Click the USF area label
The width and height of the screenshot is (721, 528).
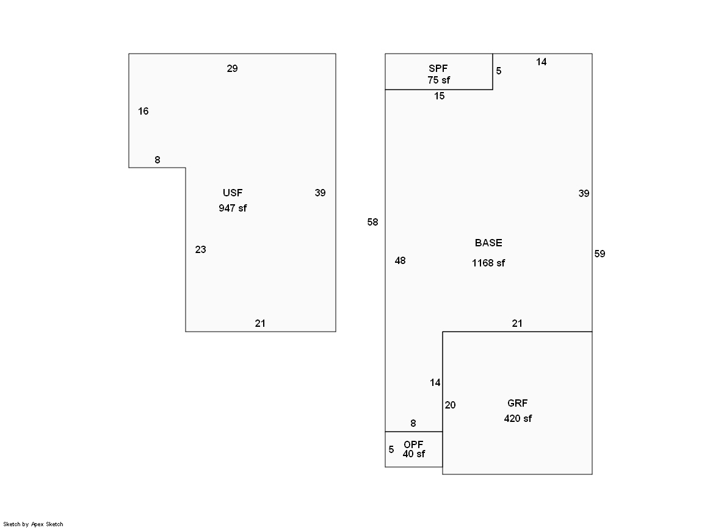point(233,193)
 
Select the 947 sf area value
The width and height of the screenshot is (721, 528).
point(233,208)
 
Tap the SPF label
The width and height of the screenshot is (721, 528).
point(438,68)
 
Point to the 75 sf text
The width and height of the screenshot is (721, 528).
point(439,80)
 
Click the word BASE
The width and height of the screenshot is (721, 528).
point(488,243)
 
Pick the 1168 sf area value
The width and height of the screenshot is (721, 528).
point(488,263)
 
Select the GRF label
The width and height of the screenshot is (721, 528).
point(517,403)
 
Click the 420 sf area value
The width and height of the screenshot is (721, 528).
point(518,418)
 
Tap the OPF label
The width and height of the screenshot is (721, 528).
point(413,444)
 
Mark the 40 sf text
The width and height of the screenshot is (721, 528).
point(414,454)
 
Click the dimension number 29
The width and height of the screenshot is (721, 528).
point(232,68)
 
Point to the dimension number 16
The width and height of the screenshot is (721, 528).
point(143,111)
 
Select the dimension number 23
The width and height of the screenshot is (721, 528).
point(200,249)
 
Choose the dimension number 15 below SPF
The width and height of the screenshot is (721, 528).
point(439,96)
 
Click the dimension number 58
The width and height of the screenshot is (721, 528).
point(372,222)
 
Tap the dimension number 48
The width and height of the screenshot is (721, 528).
point(400,260)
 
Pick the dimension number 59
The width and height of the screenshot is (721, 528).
point(600,254)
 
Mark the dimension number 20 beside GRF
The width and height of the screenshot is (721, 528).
point(450,405)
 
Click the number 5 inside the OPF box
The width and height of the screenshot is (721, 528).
point(391,449)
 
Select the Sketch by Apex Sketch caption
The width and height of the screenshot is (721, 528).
point(33,524)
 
